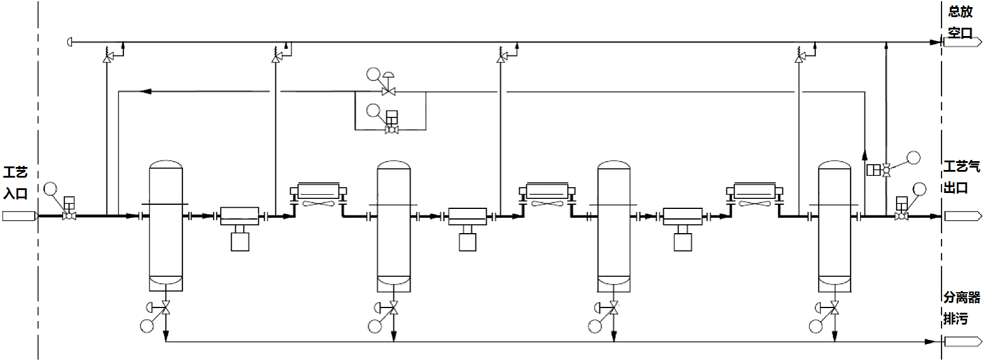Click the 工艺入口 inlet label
[x=16, y=182]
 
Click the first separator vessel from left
[x=166, y=225]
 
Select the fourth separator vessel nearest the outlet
[x=834, y=227]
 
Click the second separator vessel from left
[x=393, y=227]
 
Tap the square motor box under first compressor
[x=240, y=242]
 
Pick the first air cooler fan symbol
[x=318, y=204]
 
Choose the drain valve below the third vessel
[x=614, y=307]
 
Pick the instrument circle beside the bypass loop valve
[x=373, y=110]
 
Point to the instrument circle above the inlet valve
[x=51, y=189]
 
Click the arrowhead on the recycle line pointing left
[x=146, y=91]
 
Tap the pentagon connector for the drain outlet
[x=963, y=342]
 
